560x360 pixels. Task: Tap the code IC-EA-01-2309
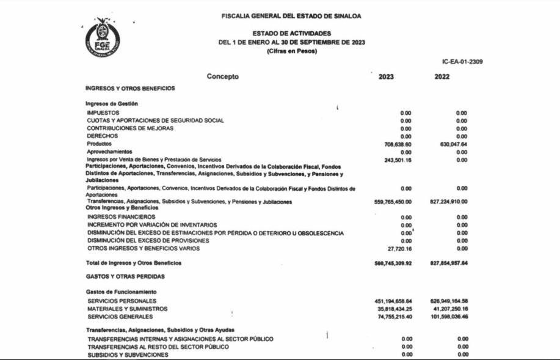coord(462,62)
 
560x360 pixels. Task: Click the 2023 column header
coord(386,77)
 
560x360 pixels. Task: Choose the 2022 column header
coord(442,77)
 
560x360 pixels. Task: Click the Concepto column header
coord(222,77)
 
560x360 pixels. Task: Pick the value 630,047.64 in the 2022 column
coord(453,144)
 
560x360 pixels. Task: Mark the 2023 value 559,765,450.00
coord(393,202)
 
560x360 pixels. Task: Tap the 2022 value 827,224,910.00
coord(448,202)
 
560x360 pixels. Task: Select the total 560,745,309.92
coord(393,263)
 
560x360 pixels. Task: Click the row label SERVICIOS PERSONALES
coord(122,301)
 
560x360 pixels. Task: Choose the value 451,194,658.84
coord(393,301)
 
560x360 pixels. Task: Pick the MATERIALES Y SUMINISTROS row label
coord(128,309)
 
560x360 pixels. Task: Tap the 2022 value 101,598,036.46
coord(449,317)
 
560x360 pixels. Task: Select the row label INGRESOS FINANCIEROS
coord(121,217)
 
